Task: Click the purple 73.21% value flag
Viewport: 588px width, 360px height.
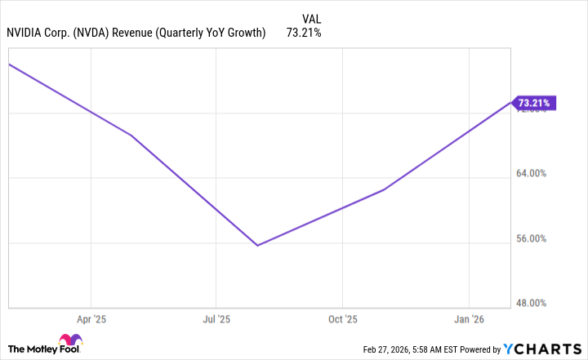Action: click(536, 103)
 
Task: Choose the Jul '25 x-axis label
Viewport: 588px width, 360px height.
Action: click(216, 319)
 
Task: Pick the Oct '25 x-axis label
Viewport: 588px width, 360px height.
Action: click(343, 319)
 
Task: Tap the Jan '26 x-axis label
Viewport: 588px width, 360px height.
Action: click(469, 319)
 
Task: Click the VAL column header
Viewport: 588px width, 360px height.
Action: click(312, 19)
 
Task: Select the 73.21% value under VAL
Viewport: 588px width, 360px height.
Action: click(304, 33)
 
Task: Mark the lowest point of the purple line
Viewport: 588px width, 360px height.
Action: click(257, 245)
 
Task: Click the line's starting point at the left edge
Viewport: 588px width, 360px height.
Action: click(9, 63)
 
